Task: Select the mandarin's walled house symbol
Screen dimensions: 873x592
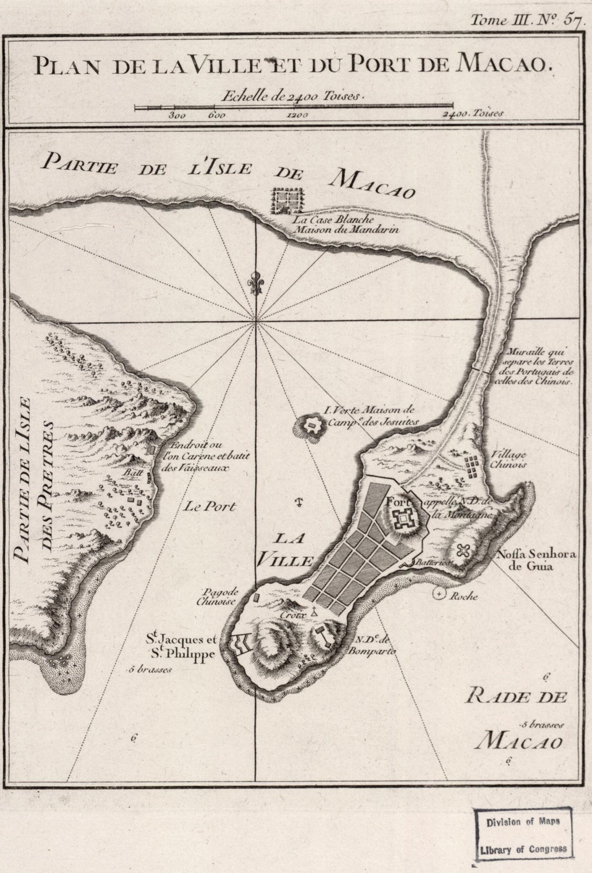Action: click(288, 201)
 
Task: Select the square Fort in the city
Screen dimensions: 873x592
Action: click(401, 519)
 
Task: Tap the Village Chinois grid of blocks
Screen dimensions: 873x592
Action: click(474, 467)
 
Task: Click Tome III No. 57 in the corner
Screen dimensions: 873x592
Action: click(528, 20)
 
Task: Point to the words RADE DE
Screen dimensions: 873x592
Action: click(517, 697)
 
